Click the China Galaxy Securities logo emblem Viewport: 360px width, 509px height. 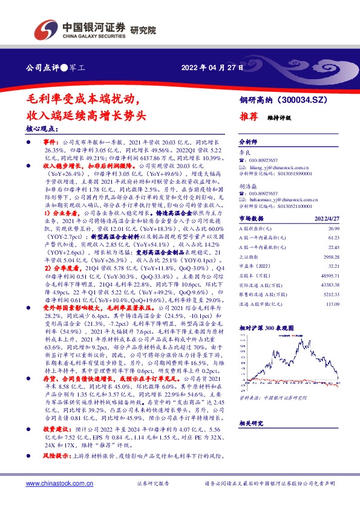click(47, 28)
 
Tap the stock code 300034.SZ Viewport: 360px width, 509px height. click(306, 100)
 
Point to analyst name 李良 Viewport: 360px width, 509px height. click(244, 155)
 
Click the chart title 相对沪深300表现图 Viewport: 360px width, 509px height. click(266, 327)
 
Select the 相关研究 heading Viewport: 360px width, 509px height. click(249, 424)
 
